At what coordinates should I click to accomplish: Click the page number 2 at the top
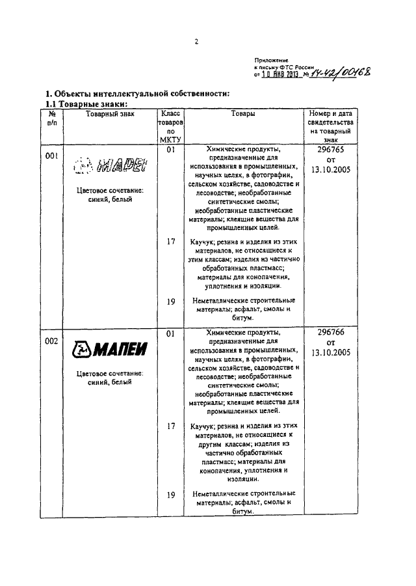point(196,42)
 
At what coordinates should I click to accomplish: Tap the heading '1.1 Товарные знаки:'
point(85,104)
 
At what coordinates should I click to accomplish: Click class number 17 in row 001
point(172,242)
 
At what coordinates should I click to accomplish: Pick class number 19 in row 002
point(172,494)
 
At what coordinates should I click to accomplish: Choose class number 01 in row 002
point(172,333)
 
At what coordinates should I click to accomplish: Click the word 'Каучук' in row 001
point(203,242)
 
